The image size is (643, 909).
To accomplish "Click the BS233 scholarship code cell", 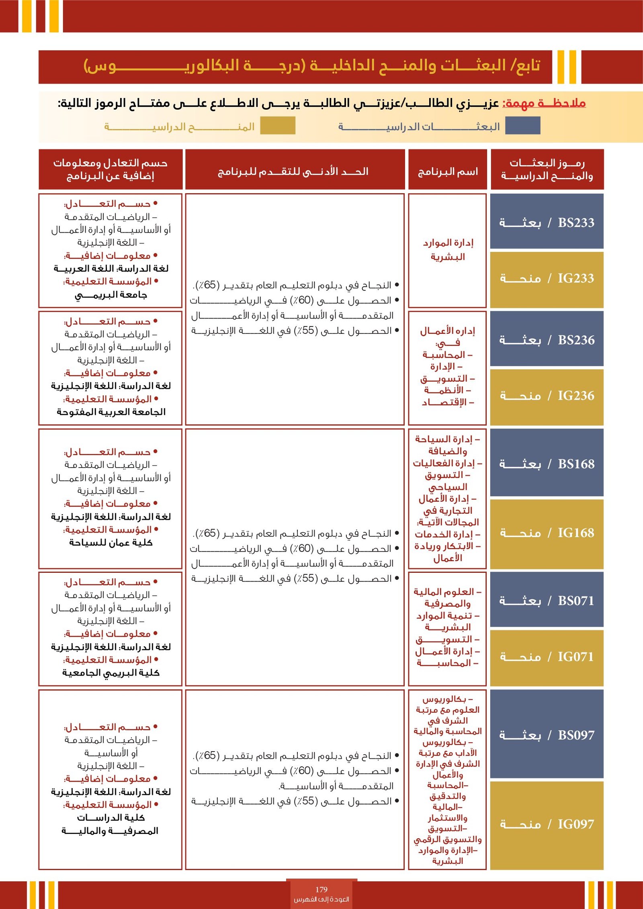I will pyautogui.click(x=547, y=222).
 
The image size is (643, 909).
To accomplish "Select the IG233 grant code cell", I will pyautogui.click(x=547, y=278).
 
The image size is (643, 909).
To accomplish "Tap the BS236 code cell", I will pyautogui.click(x=547, y=339).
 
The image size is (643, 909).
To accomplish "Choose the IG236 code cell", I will pyautogui.click(x=547, y=396).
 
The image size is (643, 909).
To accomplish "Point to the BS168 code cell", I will pyautogui.click(x=547, y=464).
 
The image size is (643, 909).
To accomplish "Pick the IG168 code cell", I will pyautogui.click(x=547, y=533).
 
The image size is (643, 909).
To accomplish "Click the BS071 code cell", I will pyautogui.click(x=547, y=601).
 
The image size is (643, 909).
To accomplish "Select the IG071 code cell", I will pyautogui.click(x=547, y=657).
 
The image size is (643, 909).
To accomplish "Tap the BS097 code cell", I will pyautogui.click(x=547, y=735).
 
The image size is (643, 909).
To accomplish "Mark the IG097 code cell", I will pyautogui.click(x=547, y=824).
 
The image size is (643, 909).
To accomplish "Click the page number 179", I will pyautogui.click(x=321, y=889).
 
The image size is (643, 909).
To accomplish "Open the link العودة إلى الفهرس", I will pyautogui.click(x=321, y=899).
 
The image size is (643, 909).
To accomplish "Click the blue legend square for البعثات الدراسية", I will pyautogui.click(x=522, y=126).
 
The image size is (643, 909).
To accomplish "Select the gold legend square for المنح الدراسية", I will pyautogui.click(x=278, y=126).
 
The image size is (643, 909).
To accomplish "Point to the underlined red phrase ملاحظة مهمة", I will pyautogui.click(x=544, y=103).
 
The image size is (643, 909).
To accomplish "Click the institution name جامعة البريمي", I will pyautogui.click(x=111, y=295).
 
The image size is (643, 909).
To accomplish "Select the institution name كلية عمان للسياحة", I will pyautogui.click(x=111, y=543).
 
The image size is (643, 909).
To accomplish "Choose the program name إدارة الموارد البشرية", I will pyautogui.click(x=448, y=249).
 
